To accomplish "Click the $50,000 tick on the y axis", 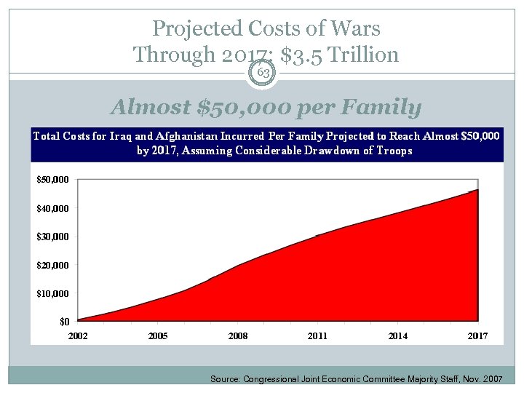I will click(53, 179).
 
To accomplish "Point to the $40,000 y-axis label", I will click(53, 208).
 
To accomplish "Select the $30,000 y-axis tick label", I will click(53, 237).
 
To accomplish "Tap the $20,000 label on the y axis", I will click(53, 265).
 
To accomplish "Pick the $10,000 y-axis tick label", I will click(53, 293).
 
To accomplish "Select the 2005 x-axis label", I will click(157, 336).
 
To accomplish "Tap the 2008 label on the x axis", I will click(237, 336).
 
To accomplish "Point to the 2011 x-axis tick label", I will click(317, 336).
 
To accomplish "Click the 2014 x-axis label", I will click(397, 336).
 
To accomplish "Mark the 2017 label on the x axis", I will click(477, 336).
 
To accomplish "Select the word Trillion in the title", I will click(362, 54).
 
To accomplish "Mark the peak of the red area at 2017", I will click(477, 190).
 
